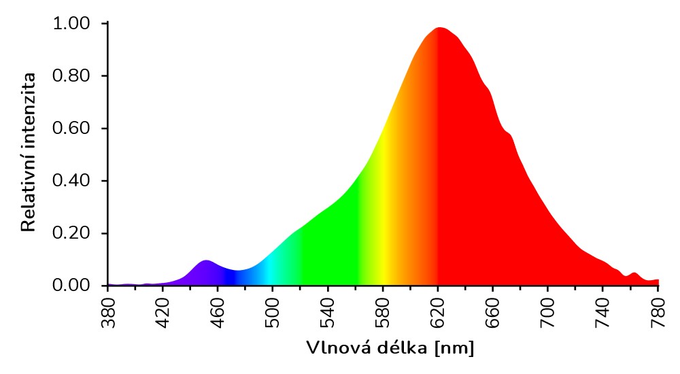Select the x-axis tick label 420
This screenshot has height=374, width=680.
[163, 312]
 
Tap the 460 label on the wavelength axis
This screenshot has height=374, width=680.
[218, 312]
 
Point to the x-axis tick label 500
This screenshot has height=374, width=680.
[273, 312]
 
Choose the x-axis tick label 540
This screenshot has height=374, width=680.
[328, 312]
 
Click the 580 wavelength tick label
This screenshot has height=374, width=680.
[384, 312]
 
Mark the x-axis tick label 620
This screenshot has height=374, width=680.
[439, 312]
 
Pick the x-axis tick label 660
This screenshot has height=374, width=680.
[494, 312]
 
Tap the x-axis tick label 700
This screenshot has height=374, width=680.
[549, 312]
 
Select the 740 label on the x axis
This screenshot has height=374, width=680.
[604, 312]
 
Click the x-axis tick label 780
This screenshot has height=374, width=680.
[658, 312]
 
